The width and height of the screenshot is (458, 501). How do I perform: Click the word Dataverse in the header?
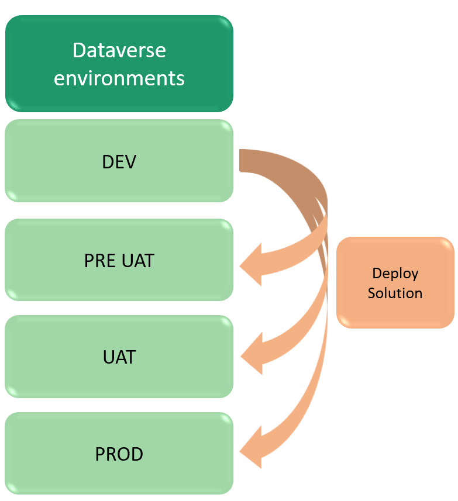119,50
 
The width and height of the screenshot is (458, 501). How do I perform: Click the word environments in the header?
119,78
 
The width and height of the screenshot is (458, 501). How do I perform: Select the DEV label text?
119,161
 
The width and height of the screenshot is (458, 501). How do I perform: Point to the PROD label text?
119,454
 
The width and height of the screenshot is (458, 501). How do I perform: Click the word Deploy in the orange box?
395,274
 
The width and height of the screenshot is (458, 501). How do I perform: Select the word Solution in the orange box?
395,292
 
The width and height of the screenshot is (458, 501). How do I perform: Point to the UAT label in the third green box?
119,357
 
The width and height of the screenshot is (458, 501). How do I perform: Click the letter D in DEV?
106,161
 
